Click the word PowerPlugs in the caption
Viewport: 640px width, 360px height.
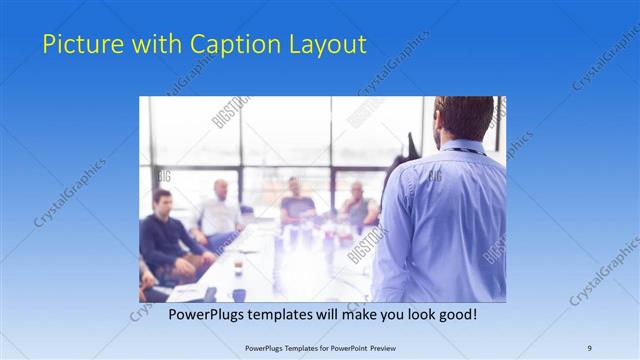coord(204,314)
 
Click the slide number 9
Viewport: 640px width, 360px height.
coord(589,348)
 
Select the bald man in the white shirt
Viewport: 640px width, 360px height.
coord(220,212)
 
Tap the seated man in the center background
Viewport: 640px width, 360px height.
coord(296,203)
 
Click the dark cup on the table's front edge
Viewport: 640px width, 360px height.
coord(239,294)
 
